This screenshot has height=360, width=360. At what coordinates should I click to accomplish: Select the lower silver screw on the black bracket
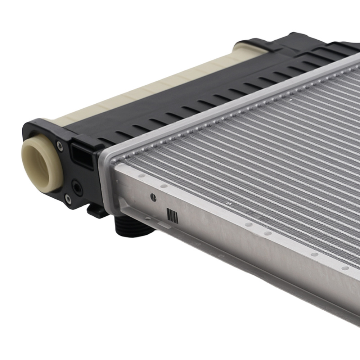(x=67, y=198)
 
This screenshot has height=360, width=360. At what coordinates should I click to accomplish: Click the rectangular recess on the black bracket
(x=82, y=155)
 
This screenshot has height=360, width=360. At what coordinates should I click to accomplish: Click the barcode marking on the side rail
(x=172, y=216)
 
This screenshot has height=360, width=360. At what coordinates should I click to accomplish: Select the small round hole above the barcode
(x=153, y=197)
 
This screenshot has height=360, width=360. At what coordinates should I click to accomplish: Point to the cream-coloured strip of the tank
(x=151, y=90)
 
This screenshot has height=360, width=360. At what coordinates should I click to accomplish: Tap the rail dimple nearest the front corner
(x=141, y=176)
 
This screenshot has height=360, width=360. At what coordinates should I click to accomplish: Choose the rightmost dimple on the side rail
(x=345, y=268)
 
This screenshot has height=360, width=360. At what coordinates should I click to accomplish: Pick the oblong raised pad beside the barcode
(x=164, y=225)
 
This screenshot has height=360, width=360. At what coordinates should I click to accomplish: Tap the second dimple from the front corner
(x=164, y=186)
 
